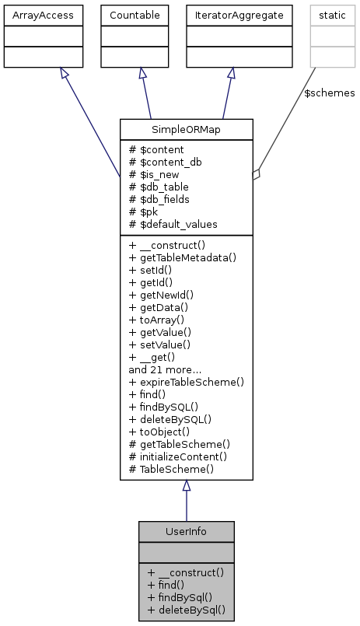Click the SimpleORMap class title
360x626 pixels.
(186, 130)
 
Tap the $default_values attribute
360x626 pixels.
(173, 224)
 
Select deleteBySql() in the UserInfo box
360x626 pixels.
(186, 609)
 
